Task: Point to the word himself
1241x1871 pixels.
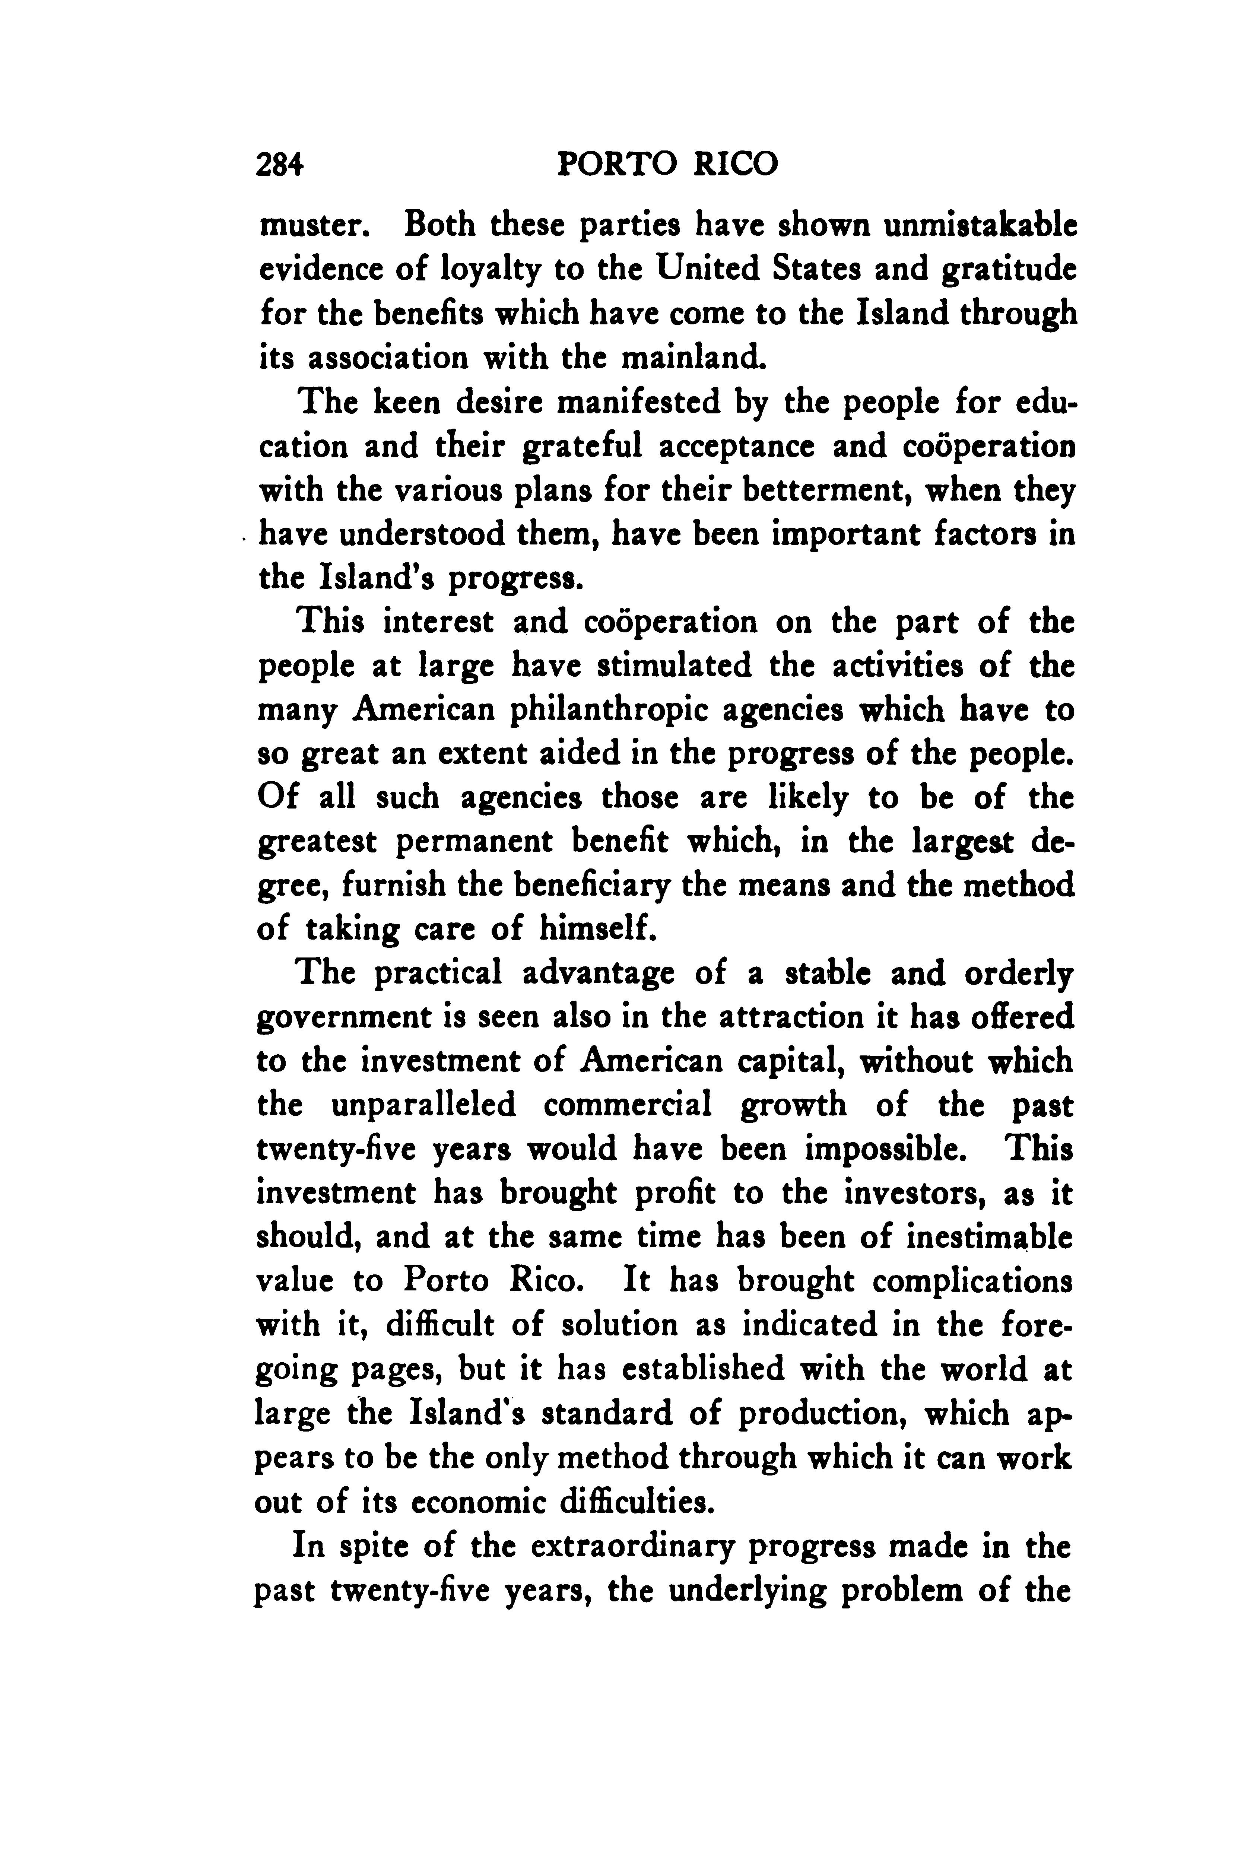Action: coord(598,928)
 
